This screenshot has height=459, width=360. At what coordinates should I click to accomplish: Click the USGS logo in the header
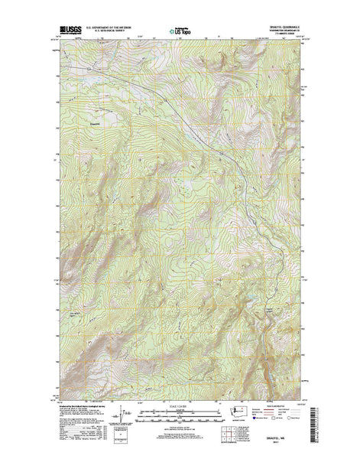(67, 30)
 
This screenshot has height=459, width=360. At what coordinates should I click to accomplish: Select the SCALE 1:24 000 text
(180, 397)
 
